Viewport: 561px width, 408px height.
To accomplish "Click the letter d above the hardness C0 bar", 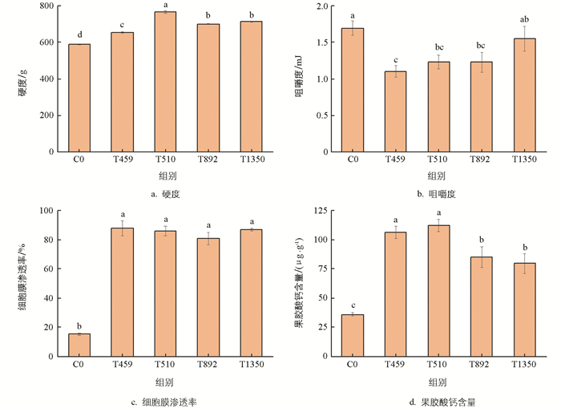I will coord(79,34).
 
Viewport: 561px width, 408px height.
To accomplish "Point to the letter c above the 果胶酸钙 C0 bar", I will coord(353,305).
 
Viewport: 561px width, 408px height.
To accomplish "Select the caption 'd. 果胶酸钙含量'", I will coord(438,401).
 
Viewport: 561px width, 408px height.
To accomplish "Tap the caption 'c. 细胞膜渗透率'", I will coord(165,401).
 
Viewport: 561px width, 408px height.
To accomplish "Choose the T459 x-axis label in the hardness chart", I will coord(123,160).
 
